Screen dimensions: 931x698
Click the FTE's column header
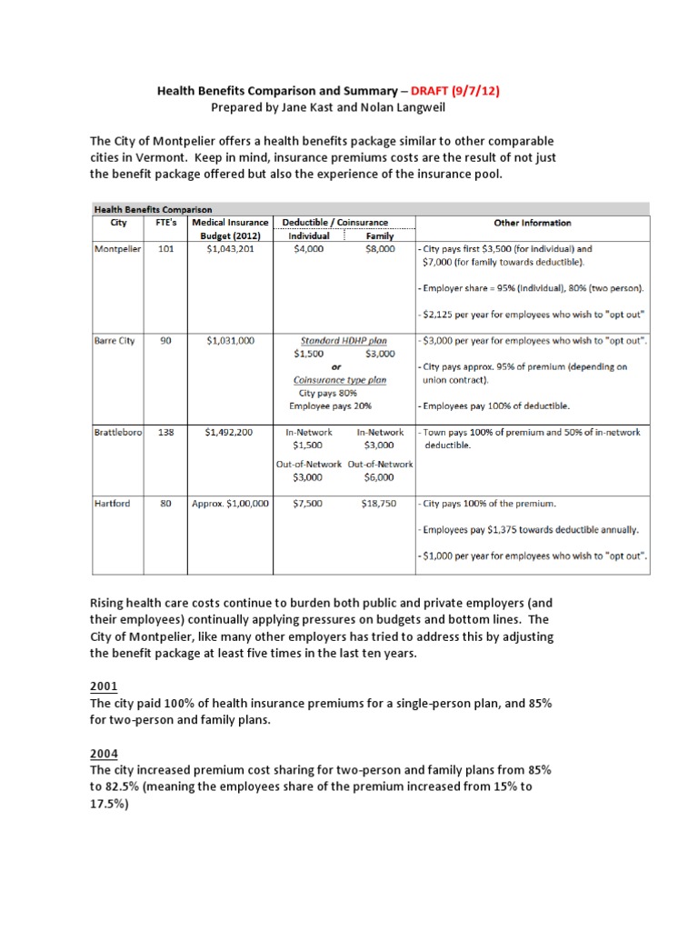coord(165,223)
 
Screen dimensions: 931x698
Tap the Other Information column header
coord(532,223)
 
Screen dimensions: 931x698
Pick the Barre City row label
coord(115,340)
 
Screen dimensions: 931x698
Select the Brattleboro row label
coord(118,432)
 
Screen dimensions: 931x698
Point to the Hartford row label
coord(113,503)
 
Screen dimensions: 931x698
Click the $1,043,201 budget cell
coord(231,248)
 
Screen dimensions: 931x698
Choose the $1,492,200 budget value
coord(231,432)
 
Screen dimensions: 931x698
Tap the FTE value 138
coord(165,432)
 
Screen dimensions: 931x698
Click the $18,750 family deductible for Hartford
coord(378,503)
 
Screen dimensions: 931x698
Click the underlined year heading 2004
coord(103,753)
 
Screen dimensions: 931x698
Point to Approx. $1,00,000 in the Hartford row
coord(230,503)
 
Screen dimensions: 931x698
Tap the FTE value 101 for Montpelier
coord(165,248)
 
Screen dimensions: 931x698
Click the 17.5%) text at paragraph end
coord(110,803)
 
